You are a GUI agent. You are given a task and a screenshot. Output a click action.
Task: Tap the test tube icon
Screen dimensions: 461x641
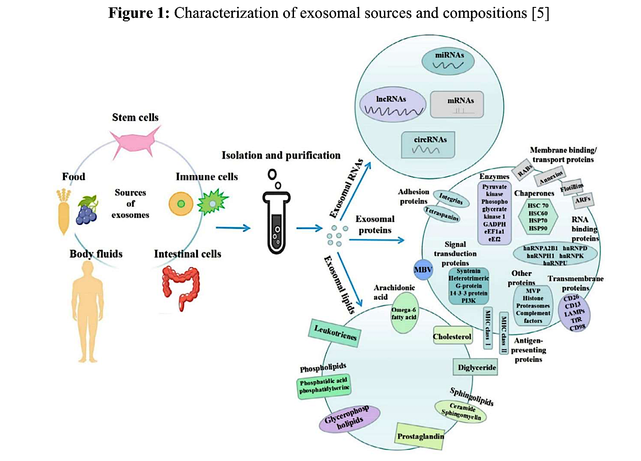[x=276, y=222]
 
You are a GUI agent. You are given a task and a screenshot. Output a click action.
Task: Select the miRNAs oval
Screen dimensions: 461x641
[x=448, y=61]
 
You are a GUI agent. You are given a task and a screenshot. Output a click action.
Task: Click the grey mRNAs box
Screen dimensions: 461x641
[x=457, y=105]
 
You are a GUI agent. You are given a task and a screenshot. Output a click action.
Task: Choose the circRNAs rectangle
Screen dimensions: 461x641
[x=428, y=145]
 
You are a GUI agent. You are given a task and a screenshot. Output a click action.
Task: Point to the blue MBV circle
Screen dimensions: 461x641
[x=423, y=270]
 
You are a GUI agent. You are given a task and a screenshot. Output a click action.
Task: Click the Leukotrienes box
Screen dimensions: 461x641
[x=335, y=333]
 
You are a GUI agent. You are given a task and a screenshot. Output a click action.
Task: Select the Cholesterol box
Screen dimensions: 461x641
[x=452, y=337]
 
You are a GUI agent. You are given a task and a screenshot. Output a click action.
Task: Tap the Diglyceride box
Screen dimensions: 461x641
[x=476, y=367]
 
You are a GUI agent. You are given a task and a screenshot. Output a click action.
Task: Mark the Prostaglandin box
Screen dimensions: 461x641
[x=420, y=435]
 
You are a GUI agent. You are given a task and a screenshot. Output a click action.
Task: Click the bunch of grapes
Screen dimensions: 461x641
[x=87, y=210]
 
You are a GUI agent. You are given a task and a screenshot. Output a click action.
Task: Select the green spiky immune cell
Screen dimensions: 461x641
[x=212, y=202]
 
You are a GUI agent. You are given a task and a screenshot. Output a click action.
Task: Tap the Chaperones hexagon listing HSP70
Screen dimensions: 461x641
[x=538, y=217]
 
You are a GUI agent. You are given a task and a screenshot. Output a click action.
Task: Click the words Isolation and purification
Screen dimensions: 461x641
[x=281, y=155]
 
